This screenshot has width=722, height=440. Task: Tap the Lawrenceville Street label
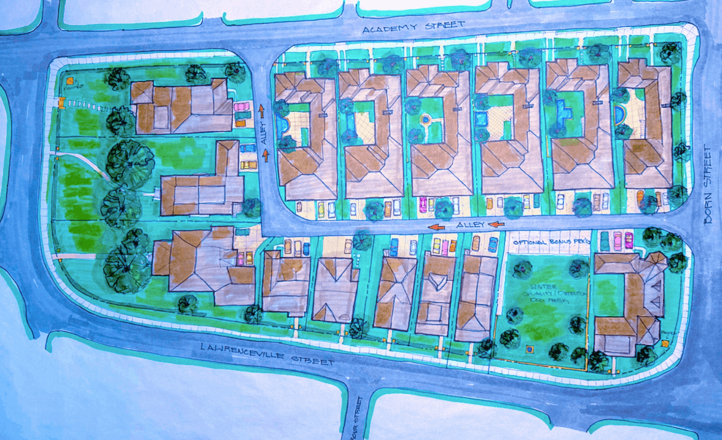click(x=267, y=354)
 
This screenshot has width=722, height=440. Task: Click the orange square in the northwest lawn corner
click(x=69, y=80)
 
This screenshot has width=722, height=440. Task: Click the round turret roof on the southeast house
click(x=657, y=261)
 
